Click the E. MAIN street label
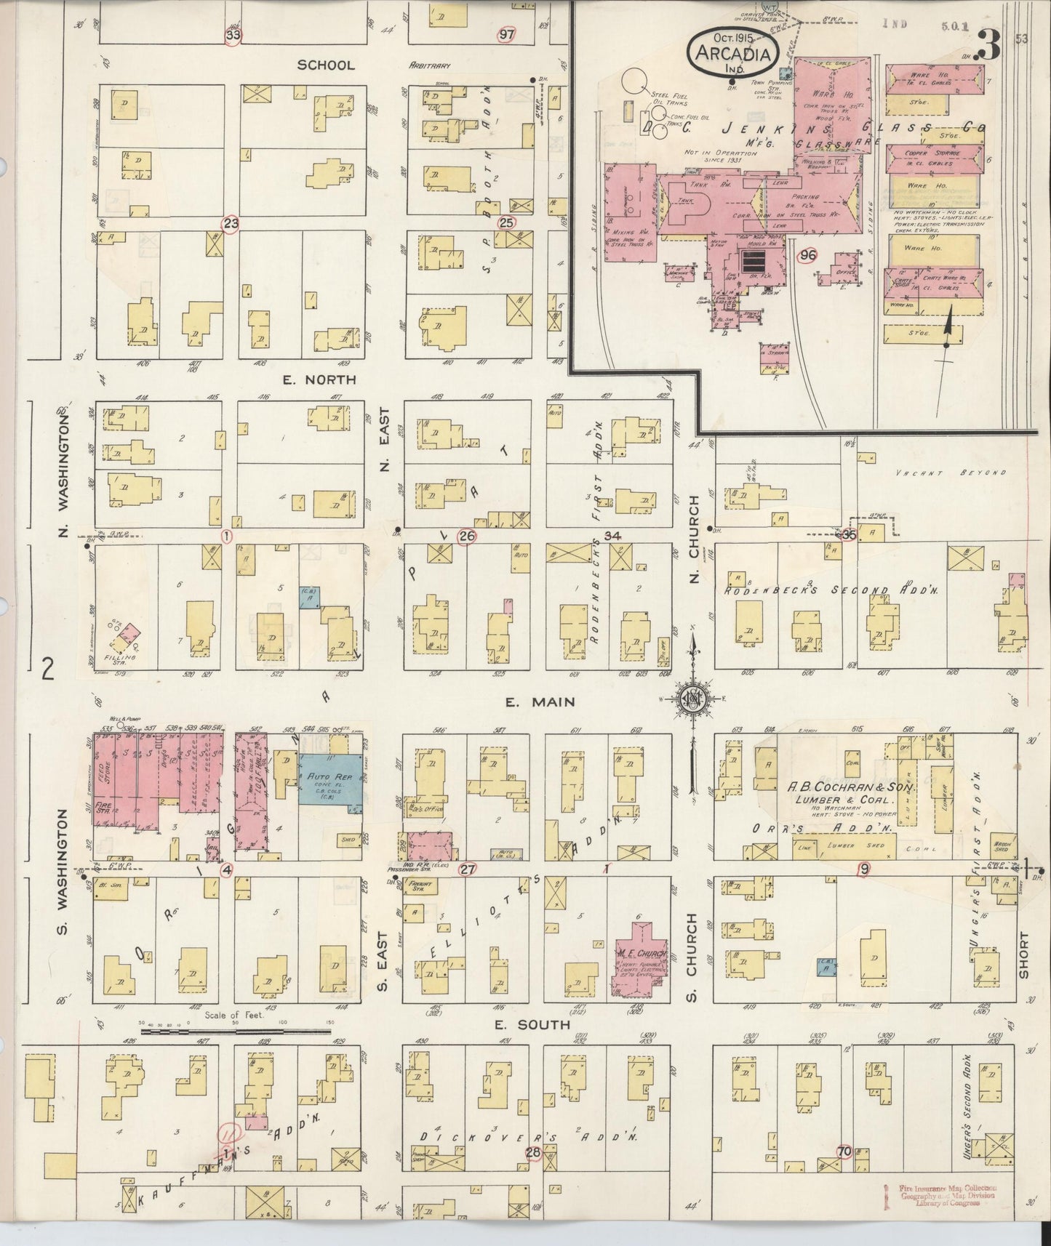(540, 702)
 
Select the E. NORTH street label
(320, 379)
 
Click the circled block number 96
(807, 255)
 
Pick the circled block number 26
(466, 536)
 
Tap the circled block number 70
(844, 1151)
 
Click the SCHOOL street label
(326, 65)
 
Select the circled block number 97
(506, 34)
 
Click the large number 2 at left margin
(48, 667)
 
